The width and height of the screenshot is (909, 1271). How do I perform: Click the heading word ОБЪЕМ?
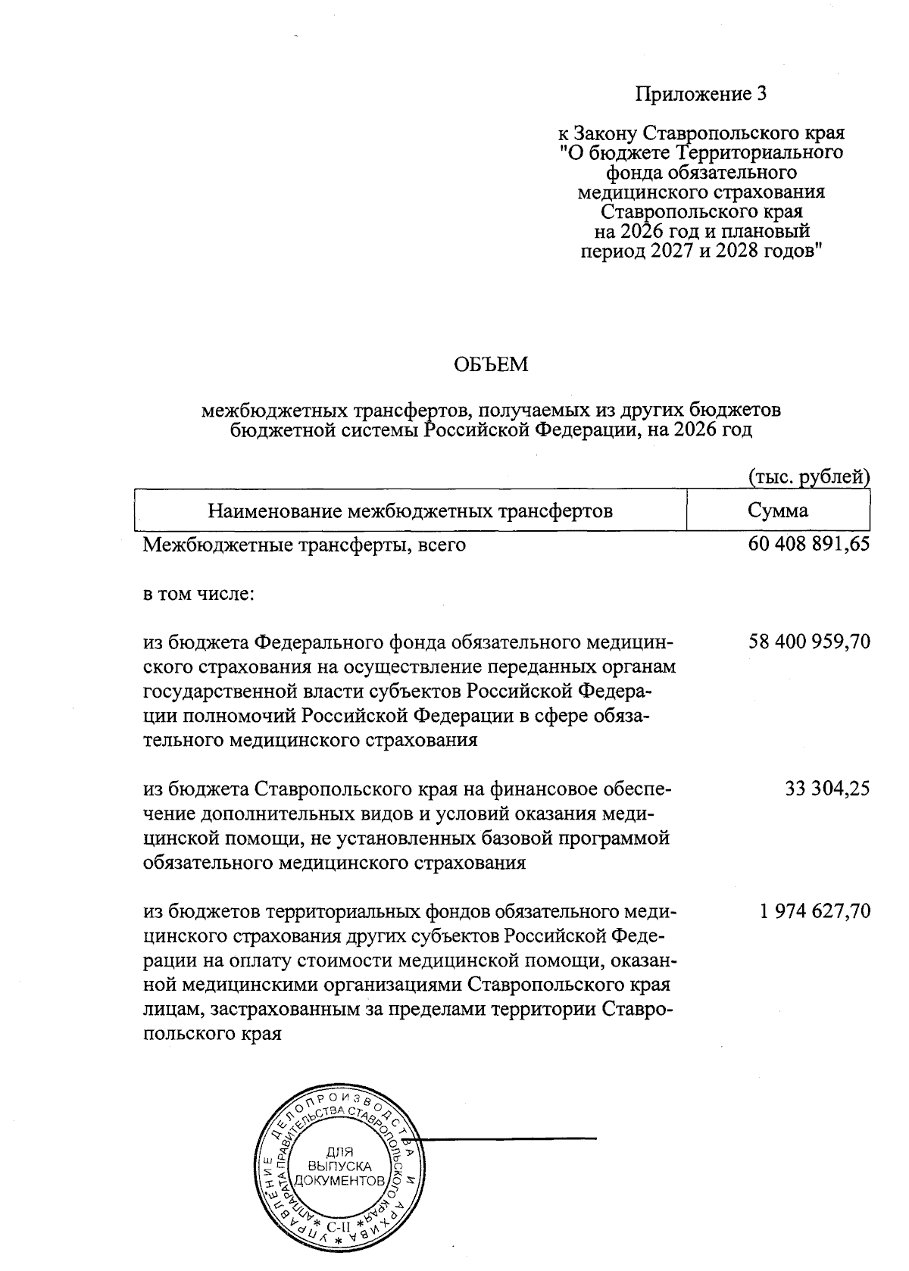tap(490, 366)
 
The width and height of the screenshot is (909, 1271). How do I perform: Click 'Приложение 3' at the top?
tap(701, 94)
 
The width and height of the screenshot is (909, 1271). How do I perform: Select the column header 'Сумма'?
tap(777, 511)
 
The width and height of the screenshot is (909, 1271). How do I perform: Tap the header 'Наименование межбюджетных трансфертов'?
tap(410, 511)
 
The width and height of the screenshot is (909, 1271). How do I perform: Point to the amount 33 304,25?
tap(827, 789)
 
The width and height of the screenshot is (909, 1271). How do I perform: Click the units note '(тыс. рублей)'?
tap(808, 477)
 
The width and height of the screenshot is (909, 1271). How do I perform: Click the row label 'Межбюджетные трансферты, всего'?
tap(305, 545)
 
